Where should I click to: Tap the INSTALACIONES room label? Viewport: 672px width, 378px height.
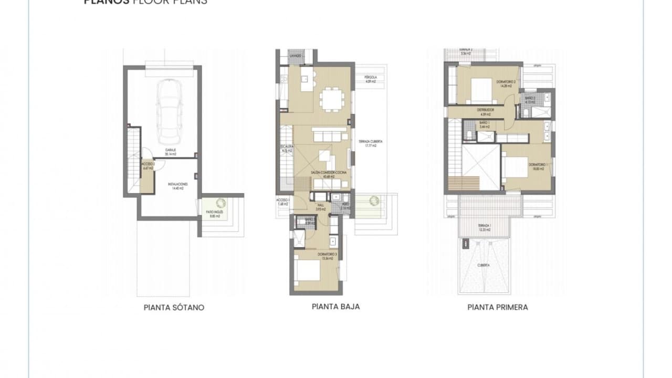coord(178,186)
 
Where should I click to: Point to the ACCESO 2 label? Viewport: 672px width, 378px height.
coord(148,165)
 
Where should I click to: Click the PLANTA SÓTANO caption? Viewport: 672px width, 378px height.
coord(174,308)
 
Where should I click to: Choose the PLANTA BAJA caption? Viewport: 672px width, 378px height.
coord(335,307)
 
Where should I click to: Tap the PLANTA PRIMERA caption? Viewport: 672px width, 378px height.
coord(497,307)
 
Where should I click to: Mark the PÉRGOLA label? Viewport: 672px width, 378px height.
coord(371,79)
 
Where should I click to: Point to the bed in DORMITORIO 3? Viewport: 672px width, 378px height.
coord(308,272)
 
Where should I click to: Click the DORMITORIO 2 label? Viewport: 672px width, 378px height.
coord(507,83)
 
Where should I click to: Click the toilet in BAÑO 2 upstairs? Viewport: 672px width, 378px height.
coord(526,111)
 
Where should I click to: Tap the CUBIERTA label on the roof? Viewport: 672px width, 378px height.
coord(484,266)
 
